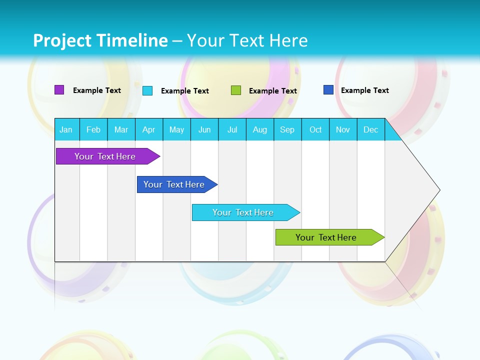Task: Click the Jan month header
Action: pos(66,129)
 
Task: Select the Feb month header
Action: pos(93,129)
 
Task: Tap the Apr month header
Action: pos(148,129)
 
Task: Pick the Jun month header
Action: pos(204,129)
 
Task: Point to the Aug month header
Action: pos(259,129)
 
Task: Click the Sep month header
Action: pos(287,129)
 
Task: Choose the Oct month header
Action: pos(315,129)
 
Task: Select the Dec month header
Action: pos(370,129)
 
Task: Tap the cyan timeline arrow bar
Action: pos(243,212)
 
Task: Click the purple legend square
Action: pos(59,90)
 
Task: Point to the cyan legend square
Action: pos(147,90)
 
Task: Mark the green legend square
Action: pos(236,90)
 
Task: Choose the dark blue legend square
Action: pos(328,90)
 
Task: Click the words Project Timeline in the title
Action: pos(100,40)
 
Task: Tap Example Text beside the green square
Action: pos(273,91)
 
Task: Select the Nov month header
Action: pos(343,129)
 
